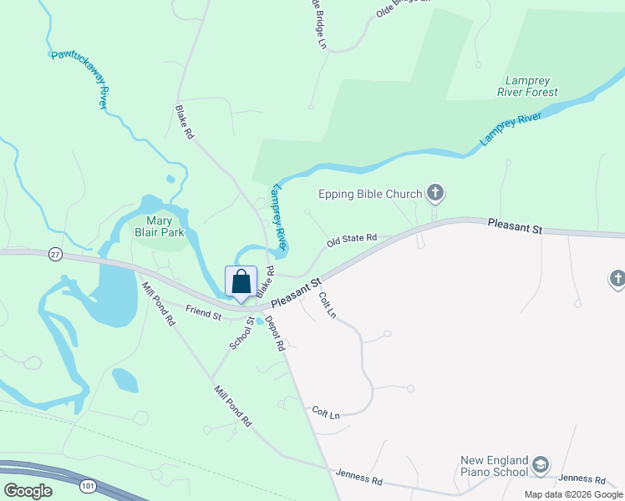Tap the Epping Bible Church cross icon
[434, 195]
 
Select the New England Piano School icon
[540, 465]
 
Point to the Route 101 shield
[89, 483]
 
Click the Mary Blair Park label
[160, 226]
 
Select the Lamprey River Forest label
[532, 87]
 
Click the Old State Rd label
[352, 240]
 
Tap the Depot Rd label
[277, 334]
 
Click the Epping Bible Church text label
[370, 195]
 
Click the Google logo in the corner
[28, 491]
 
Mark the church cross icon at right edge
[617, 278]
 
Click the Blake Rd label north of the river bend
[184, 122]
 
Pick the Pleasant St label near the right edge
[515, 227]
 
